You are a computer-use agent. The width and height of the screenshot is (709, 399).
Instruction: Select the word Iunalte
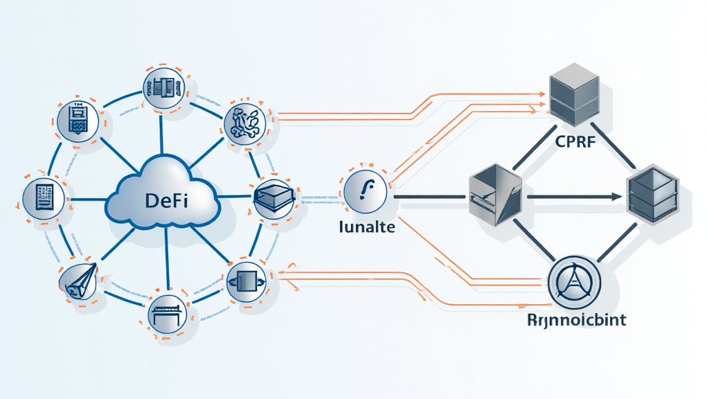(x=366, y=227)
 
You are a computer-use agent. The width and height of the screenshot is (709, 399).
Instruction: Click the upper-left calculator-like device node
(x=77, y=119)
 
